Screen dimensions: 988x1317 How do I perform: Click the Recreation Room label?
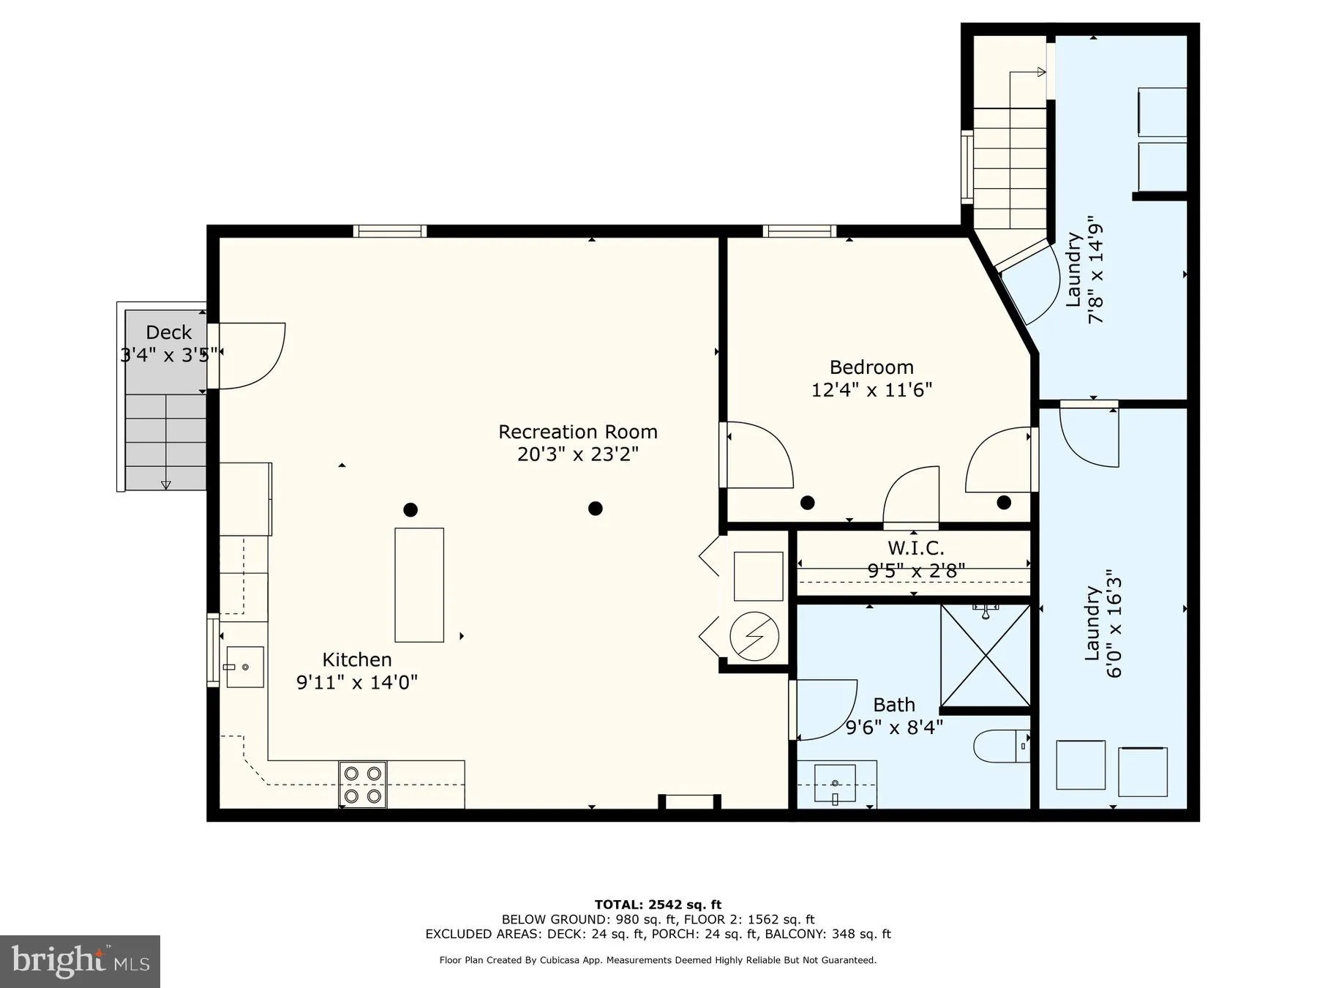577,432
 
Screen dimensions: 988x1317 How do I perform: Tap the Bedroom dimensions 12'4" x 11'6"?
871,390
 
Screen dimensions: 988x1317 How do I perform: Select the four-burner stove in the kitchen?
363,785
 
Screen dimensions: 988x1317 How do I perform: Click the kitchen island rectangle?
419,585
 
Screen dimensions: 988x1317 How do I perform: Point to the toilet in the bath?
1000,746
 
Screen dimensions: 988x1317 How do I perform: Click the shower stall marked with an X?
985,656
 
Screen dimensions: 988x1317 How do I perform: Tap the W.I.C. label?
915,547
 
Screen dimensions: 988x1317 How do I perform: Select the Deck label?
168,332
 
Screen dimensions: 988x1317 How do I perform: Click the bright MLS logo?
80,961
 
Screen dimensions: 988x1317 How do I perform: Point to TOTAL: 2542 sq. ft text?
658,905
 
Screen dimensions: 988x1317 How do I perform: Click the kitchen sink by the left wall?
244,667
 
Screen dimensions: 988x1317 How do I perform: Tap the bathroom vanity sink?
836,784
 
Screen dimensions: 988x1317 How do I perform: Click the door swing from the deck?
250,356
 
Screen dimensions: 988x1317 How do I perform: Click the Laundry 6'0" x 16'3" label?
1103,624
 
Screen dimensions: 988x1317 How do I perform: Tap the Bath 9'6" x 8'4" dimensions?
894,727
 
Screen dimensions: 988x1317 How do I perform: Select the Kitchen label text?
357,659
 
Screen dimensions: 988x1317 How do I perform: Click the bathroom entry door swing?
825,708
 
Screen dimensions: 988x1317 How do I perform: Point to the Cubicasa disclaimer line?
658,960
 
